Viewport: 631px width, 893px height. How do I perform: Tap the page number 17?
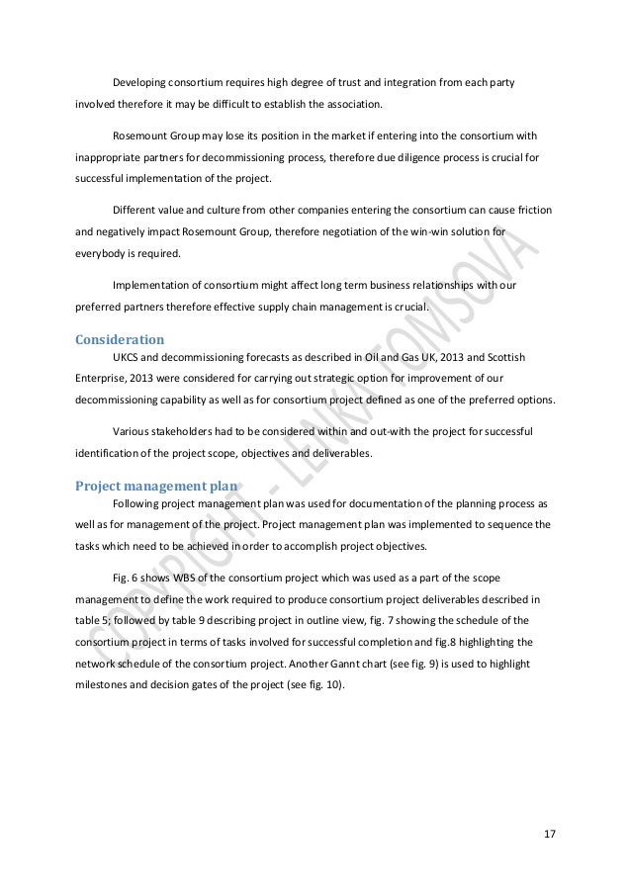pos(550,833)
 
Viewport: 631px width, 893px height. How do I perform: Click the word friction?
pos(530,212)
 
